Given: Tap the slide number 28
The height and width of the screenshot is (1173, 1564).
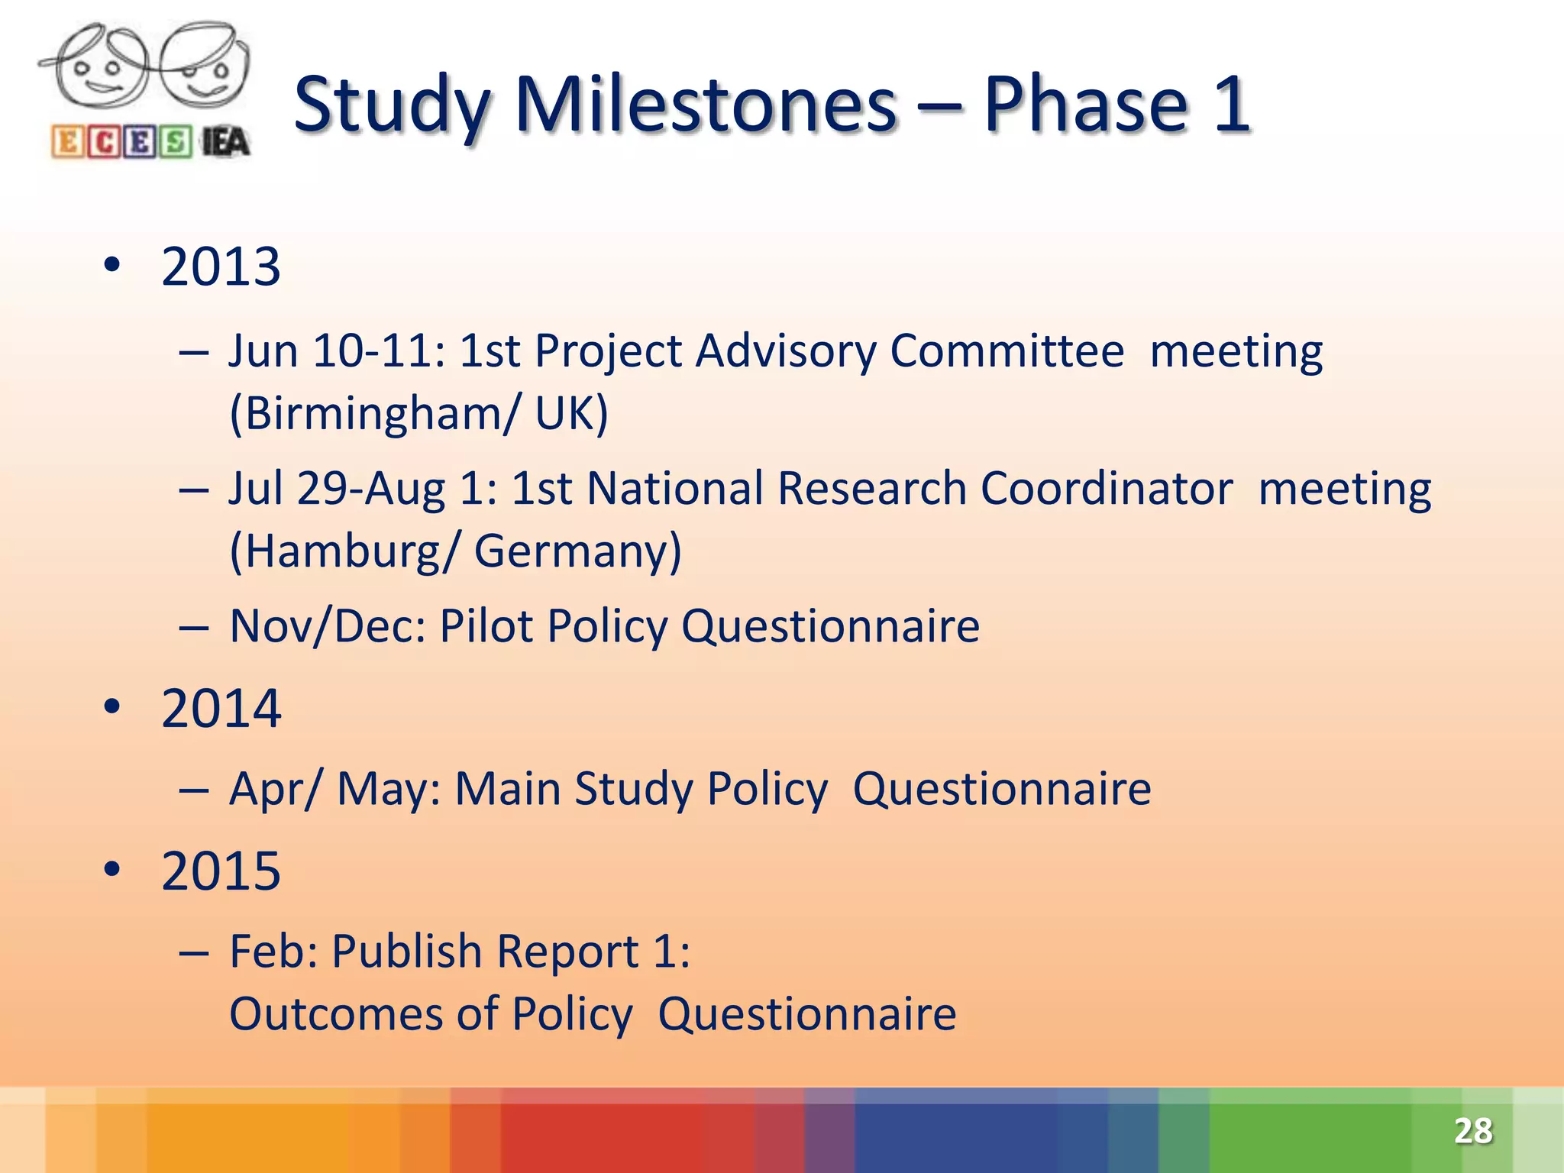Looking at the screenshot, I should click(1473, 1131).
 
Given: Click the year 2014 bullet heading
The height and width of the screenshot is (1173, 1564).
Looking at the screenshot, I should click(221, 709).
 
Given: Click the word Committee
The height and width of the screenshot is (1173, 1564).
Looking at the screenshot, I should click(1007, 351).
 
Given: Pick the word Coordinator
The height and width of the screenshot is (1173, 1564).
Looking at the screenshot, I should click(1106, 489).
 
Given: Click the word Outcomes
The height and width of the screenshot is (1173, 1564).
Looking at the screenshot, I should click(336, 1014).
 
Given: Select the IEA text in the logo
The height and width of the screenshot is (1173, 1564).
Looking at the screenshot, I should click(225, 143).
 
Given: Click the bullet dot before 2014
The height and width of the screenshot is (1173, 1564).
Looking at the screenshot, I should click(112, 707).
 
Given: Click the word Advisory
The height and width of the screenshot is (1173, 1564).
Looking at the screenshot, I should click(785, 351).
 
